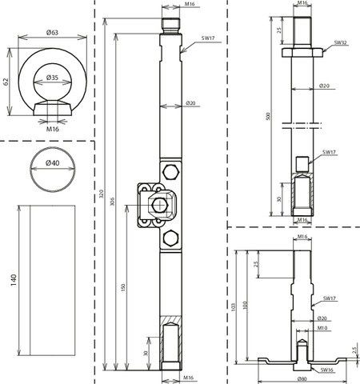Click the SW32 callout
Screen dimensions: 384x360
click(x=339, y=42)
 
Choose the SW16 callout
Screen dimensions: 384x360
click(x=326, y=370)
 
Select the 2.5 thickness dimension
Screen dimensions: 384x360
click(x=355, y=350)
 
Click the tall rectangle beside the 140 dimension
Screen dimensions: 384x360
click(x=49, y=282)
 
